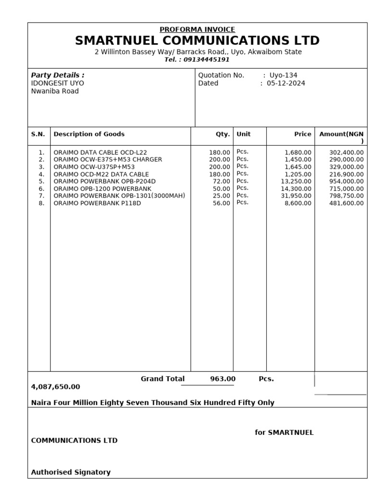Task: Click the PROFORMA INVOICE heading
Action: click(x=197, y=29)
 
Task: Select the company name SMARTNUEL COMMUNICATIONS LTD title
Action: click(x=197, y=41)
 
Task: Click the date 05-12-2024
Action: click(x=286, y=83)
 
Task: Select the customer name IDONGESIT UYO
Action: click(x=57, y=83)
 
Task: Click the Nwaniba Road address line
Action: click(x=55, y=91)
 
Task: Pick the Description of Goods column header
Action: click(x=89, y=134)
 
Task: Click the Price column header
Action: click(x=303, y=135)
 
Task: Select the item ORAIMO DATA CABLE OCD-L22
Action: click(x=100, y=152)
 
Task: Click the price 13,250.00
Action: click(x=296, y=181)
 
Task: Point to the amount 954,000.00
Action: click(x=346, y=181)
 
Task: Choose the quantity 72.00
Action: click(x=221, y=181)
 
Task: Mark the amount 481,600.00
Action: click(x=346, y=203)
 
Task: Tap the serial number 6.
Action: click(x=41, y=188)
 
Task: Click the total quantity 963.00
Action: click(x=223, y=379)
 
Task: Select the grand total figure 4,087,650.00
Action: click(x=56, y=387)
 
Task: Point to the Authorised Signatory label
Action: click(x=71, y=472)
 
